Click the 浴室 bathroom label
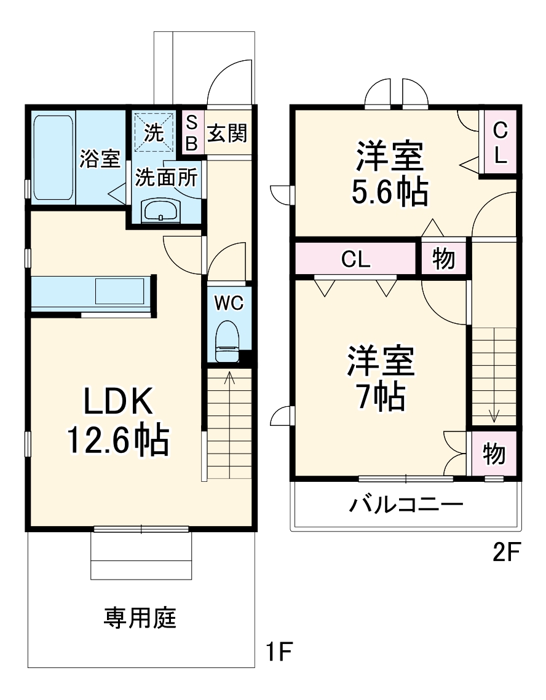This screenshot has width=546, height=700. click(99, 159)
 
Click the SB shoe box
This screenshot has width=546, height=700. click(191, 132)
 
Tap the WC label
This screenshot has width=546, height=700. click(229, 302)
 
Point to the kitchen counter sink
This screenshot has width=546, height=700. click(120, 291)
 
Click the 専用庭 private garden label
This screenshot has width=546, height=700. click(140, 617)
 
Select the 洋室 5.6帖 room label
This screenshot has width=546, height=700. click(389, 175)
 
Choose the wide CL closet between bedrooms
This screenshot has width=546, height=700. click(356, 259)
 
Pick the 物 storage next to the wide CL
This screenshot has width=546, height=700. click(443, 259)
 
